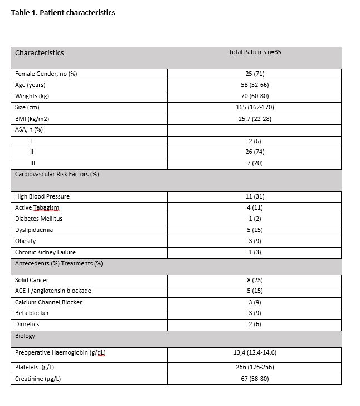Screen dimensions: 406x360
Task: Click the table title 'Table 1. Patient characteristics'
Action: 63,12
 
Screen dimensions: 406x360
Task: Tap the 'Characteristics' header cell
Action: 40,53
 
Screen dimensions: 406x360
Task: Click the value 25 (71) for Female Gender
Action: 255,74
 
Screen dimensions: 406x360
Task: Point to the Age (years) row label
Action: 30,85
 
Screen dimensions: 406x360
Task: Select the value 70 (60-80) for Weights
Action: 255,96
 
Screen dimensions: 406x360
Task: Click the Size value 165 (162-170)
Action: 255,107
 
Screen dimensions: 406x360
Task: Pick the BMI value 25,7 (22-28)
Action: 255,118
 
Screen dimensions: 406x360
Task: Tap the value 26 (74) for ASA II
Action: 255,152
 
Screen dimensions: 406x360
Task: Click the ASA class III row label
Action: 32,163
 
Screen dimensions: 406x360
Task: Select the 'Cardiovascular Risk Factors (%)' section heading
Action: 57,175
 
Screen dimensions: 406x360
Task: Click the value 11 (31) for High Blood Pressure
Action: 255,197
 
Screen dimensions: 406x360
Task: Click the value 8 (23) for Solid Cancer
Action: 255,280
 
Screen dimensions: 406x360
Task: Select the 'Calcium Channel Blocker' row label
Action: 48,302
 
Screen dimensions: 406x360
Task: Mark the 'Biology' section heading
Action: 25,336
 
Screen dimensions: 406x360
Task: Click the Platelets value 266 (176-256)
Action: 255,367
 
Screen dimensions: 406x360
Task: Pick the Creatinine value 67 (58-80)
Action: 255,379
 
